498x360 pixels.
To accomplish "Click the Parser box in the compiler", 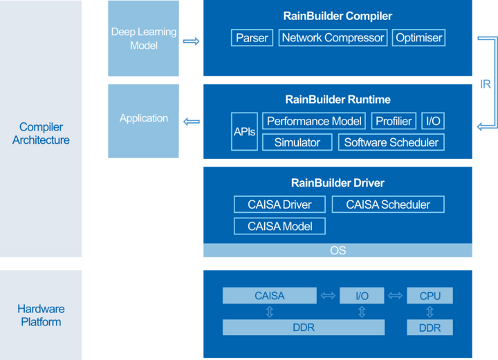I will [252, 38].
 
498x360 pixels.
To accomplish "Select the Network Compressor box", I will [333, 38].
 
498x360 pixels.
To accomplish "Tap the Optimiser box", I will [418, 38].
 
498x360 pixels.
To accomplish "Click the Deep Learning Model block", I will [144, 39].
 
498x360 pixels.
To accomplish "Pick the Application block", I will [144, 118].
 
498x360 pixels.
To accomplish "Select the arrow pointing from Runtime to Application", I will [192, 122].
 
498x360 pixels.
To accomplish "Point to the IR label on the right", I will [486, 84].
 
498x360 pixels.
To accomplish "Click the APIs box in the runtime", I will [244, 131].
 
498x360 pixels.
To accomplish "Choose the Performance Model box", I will [314, 121].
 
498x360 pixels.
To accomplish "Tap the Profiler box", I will [394, 121].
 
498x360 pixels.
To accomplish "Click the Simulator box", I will [297, 142].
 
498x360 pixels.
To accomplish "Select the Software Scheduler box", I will [391, 142].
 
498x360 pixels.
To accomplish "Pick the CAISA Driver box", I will [279, 205].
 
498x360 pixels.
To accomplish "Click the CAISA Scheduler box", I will [387, 205].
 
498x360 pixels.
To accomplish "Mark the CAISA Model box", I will [279, 226].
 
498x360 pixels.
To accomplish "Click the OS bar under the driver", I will [338, 250].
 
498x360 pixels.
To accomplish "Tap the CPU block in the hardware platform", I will [430, 296].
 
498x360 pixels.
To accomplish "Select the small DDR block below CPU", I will [430, 328].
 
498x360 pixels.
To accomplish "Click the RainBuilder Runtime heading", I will [338, 100].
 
